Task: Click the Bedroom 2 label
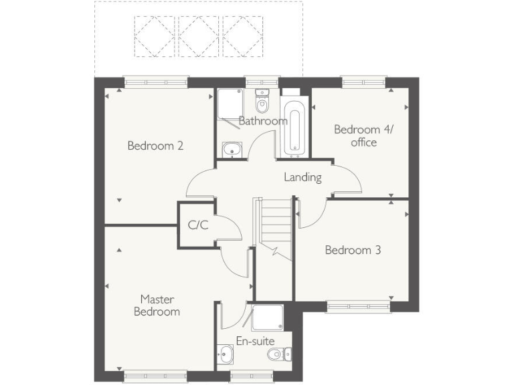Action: [x=156, y=146]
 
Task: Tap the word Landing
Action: [x=303, y=177]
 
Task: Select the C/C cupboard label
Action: [x=198, y=225]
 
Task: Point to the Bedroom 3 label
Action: [x=353, y=250]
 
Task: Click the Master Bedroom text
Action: [x=157, y=305]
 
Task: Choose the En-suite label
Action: [x=256, y=341]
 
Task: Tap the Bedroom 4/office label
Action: [x=355, y=136]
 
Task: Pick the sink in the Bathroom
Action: [x=232, y=150]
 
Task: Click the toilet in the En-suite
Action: [x=277, y=354]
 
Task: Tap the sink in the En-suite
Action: [x=226, y=352]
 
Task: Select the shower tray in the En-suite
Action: [x=267, y=317]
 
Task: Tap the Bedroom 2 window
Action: [x=155, y=82]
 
